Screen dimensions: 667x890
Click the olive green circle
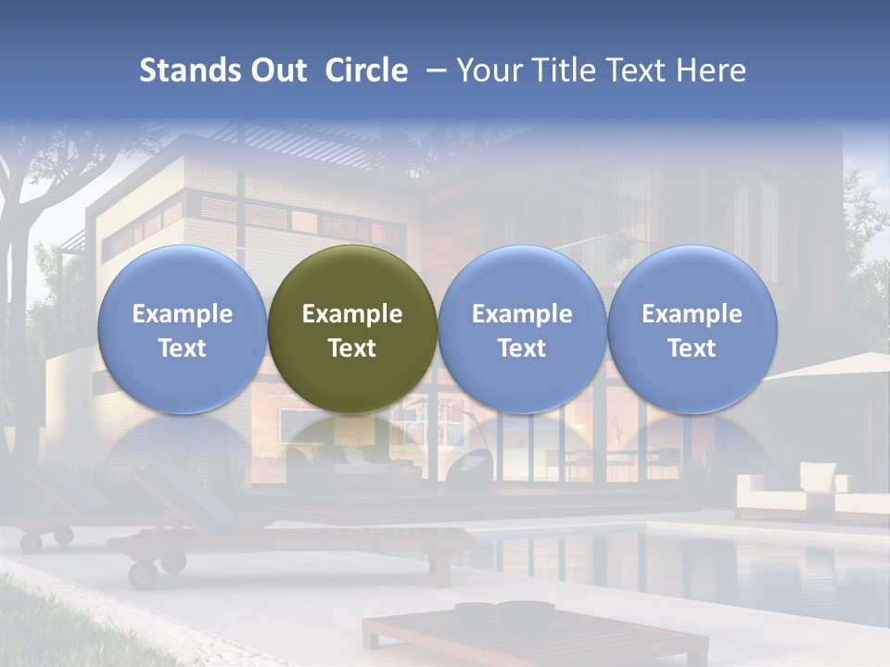pos(352,329)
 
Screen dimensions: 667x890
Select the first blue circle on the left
pos(182,329)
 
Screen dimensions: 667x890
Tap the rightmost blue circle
pos(692,329)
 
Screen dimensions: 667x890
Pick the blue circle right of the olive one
pos(522,329)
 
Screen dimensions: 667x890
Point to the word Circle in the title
pos(366,70)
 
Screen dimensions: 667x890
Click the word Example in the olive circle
pos(352,314)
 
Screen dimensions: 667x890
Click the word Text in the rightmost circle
pos(692,348)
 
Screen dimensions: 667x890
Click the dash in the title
pos(432,71)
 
